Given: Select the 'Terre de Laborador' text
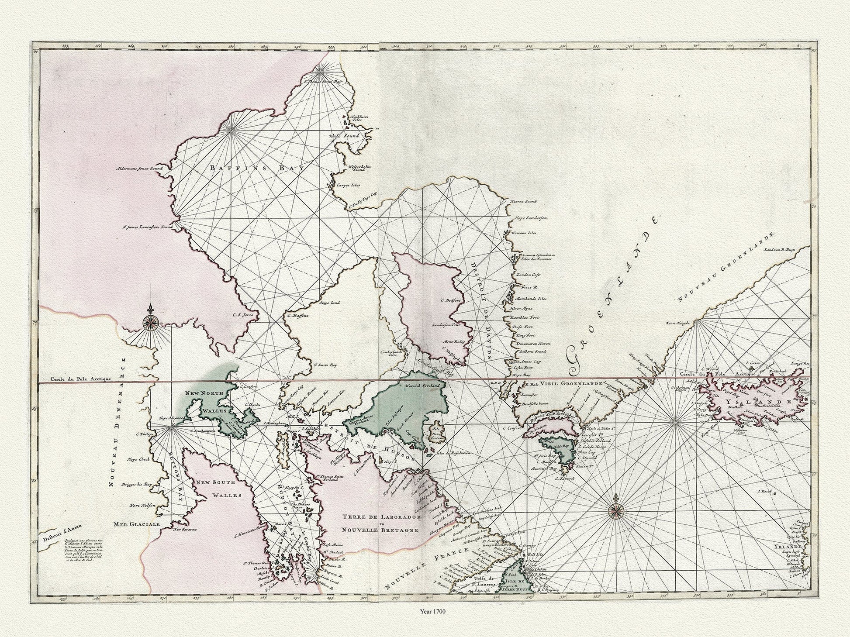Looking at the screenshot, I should click(381, 517).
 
